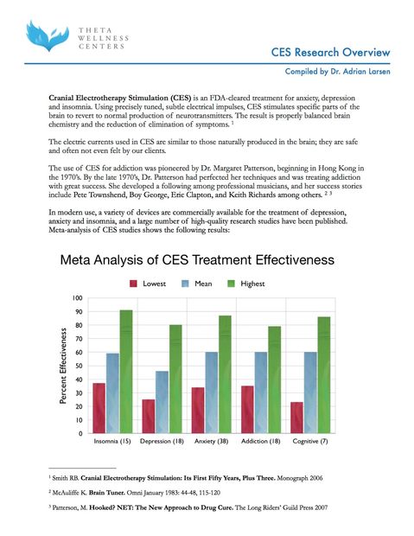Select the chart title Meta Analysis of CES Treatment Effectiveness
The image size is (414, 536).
195,260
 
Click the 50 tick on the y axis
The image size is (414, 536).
79,366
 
